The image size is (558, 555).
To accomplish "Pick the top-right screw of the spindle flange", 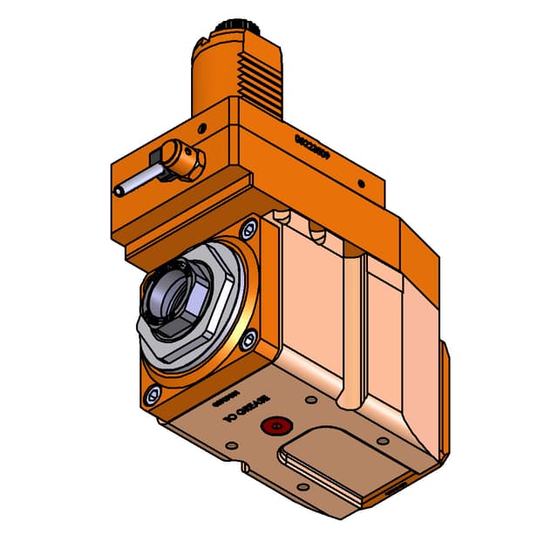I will coord(248,229).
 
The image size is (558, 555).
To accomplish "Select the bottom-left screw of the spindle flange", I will coord(153,395).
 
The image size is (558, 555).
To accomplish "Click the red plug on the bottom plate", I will coord(277,426).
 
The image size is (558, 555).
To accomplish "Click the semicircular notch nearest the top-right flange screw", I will coord(279,215).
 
